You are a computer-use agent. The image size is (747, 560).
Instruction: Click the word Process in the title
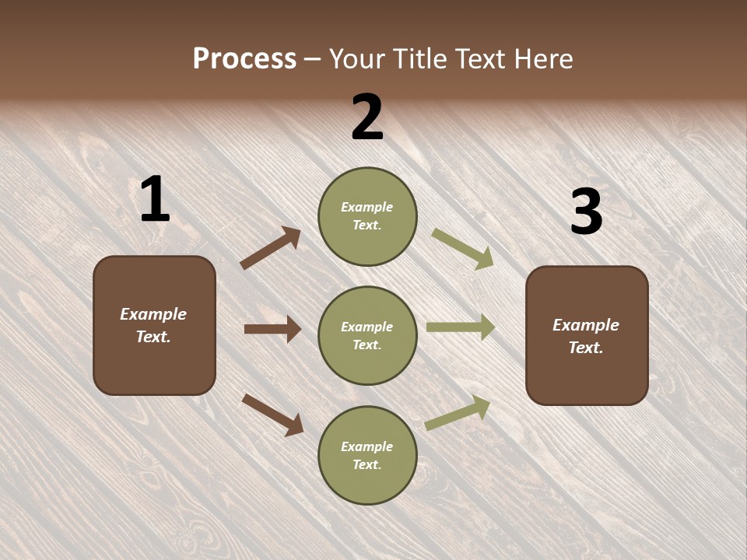(244, 59)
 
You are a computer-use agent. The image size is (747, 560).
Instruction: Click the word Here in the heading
(542, 59)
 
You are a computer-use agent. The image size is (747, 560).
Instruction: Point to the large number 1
(155, 199)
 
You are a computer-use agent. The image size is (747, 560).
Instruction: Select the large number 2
(367, 117)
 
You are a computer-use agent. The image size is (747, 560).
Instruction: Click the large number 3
(586, 212)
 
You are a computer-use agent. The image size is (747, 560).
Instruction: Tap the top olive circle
(367, 215)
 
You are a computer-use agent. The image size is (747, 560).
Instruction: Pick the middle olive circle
(367, 335)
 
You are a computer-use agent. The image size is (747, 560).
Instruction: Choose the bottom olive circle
(367, 455)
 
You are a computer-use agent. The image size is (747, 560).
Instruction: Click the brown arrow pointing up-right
(270, 248)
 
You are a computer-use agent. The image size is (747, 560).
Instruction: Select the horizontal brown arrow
(272, 329)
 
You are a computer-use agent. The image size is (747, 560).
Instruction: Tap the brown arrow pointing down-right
(273, 415)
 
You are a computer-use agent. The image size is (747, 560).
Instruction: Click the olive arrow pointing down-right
(463, 248)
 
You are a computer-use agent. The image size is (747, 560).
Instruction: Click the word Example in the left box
(153, 314)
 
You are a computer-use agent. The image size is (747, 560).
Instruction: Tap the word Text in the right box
(585, 348)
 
